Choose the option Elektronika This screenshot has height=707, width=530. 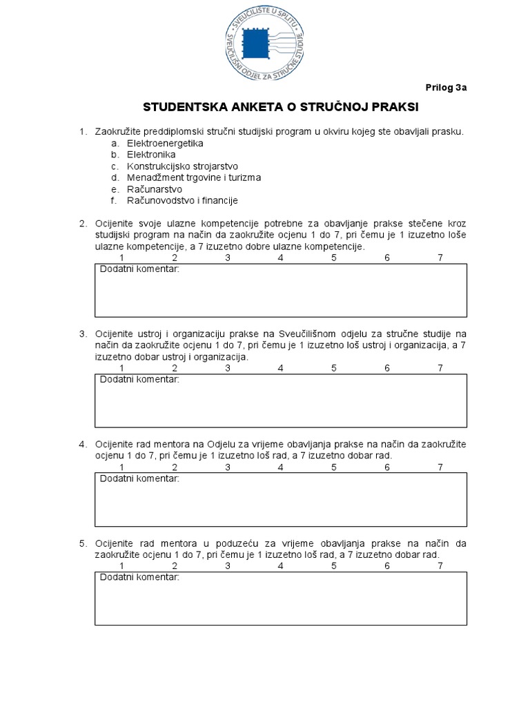[151, 155]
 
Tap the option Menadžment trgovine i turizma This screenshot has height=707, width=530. [193, 177]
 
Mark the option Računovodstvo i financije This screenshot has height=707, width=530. [182, 200]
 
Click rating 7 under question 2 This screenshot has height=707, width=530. [440, 258]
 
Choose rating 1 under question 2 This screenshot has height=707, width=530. [122, 258]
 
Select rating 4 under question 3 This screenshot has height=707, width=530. [281, 367]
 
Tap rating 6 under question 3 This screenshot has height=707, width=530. [388, 367]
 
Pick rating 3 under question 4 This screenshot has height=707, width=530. [228, 467]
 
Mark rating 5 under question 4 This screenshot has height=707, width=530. [334, 467]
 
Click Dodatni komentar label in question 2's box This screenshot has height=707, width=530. [139, 269]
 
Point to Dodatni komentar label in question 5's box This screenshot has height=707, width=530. [139, 577]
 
